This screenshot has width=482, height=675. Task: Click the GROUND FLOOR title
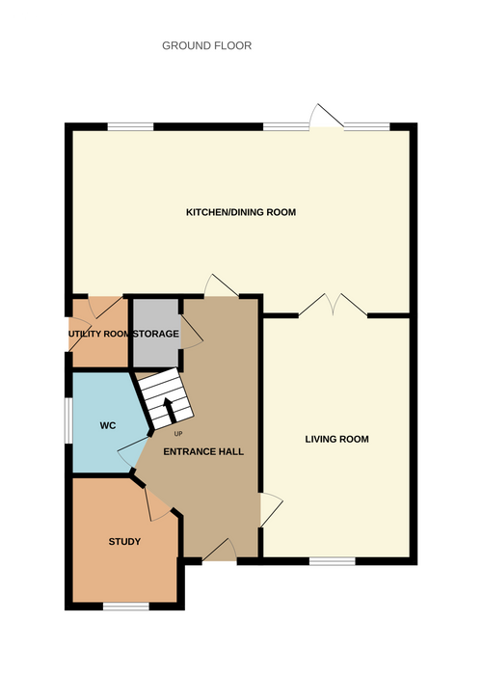tap(206, 45)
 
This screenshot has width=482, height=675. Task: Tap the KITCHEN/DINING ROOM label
tap(241, 212)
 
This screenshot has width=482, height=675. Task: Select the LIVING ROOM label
tap(337, 439)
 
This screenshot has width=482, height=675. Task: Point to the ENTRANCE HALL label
tap(203, 451)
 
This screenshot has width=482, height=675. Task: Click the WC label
tap(108, 426)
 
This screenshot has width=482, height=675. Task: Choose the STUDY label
tap(124, 542)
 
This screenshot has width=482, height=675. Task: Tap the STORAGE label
tap(156, 334)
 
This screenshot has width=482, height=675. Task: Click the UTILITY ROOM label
tap(99, 334)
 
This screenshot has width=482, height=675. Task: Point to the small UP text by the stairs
tap(178, 434)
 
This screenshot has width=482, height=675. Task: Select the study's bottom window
tap(126, 607)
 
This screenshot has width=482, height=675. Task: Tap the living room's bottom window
tap(333, 561)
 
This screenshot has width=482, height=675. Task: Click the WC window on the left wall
tap(68, 420)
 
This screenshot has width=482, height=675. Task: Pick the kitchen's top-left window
tap(130, 126)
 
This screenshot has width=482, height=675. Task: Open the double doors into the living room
tap(333, 305)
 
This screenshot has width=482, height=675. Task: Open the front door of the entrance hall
tap(219, 550)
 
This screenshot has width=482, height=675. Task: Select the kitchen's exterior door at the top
tap(327, 116)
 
